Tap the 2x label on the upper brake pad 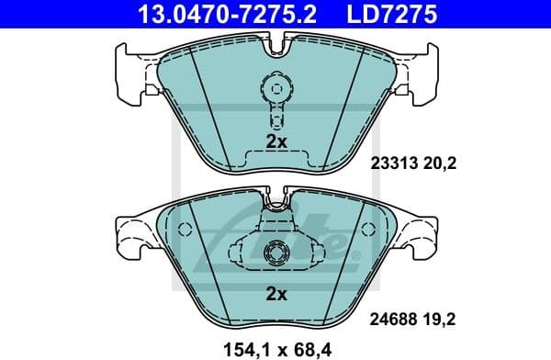pyautogui.click(x=276, y=141)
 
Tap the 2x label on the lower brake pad pyautogui.click(x=276, y=295)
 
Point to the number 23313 pyautogui.click(x=392, y=163)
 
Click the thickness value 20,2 pyautogui.click(x=441, y=163)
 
